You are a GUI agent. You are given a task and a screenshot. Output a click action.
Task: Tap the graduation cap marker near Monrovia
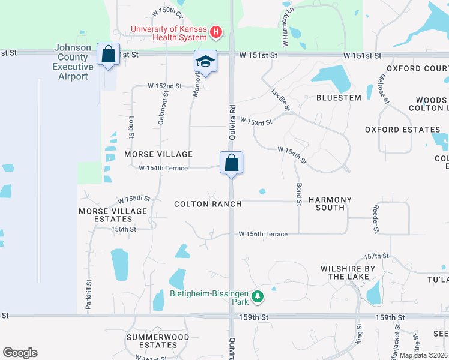(205, 61)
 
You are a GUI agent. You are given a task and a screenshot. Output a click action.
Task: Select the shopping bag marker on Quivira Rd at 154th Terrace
(231, 163)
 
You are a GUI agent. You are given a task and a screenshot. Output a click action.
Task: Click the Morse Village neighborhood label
(158, 154)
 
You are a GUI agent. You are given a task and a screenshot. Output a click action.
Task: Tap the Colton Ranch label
(208, 204)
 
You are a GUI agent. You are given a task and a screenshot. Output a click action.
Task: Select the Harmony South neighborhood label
(330, 203)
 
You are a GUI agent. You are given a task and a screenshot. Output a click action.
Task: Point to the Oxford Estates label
(403, 130)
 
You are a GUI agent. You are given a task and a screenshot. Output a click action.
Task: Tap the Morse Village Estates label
(113, 215)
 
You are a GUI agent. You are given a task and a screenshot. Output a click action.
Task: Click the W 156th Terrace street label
(263, 234)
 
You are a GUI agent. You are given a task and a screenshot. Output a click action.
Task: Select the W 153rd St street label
(256, 121)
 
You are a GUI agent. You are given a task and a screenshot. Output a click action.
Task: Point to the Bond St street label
(298, 195)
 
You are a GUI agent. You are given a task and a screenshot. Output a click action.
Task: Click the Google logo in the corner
(20, 353)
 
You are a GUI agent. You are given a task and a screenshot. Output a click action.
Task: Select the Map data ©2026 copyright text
(423, 355)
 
